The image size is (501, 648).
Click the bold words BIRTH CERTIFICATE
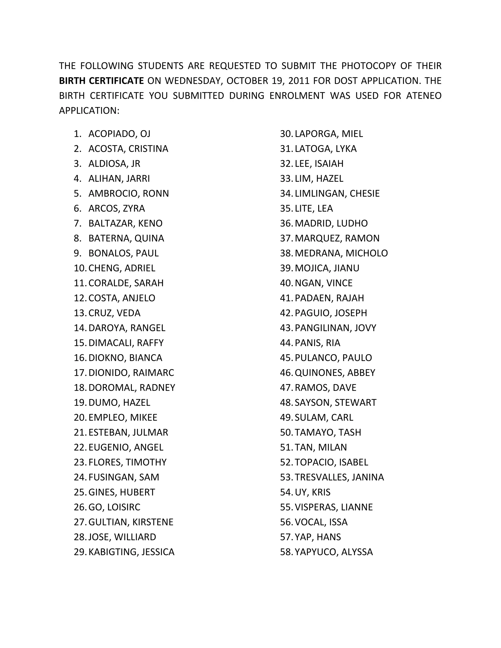101,81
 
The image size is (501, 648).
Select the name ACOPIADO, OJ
119,134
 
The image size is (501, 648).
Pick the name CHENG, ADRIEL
122,268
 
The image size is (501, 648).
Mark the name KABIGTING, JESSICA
131,552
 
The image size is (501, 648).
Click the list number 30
286,134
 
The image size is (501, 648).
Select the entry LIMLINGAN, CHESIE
337,193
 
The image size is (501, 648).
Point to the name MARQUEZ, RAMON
337,238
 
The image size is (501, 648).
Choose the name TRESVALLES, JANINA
339,477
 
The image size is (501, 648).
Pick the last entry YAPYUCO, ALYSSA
334,552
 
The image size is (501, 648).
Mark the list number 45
286,358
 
